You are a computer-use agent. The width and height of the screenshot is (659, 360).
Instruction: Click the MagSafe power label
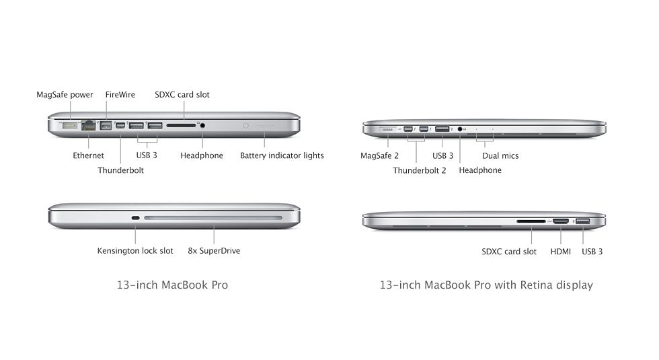point(65,95)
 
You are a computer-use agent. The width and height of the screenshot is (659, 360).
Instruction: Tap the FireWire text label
point(120,95)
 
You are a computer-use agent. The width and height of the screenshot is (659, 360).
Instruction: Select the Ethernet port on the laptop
point(89,125)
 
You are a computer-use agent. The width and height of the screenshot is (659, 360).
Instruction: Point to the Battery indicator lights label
point(282,155)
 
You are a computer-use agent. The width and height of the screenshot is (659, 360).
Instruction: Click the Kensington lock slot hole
point(135,218)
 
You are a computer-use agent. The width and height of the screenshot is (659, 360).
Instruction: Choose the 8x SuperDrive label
point(214,250)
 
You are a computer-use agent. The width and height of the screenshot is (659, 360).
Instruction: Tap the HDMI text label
point(561,252)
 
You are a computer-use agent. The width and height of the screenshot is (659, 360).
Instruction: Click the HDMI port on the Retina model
point(561,221)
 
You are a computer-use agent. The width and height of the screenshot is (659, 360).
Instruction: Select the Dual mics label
point(500,155)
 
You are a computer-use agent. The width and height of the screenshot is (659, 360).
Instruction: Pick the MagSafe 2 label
point(379,155)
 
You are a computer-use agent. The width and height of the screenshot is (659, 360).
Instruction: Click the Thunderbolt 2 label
point(420,170)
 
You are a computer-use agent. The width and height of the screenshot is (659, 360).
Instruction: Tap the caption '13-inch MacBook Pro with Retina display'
point(486,285)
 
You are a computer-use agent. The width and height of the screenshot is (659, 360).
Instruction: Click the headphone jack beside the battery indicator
point(202,125)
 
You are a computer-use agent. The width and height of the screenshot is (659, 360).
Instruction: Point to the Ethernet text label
point(88,155)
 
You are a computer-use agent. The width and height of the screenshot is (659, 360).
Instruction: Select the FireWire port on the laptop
point(106,125)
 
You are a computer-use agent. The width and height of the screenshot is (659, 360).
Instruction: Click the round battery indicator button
point(246,125)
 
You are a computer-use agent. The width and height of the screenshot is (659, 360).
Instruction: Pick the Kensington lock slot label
point(135,250)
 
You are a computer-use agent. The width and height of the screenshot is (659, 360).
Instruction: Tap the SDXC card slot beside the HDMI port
point(531,221)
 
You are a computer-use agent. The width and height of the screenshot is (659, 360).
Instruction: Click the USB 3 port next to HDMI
point(583,221)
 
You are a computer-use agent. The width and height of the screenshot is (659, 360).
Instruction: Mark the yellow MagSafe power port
point(70,125)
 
